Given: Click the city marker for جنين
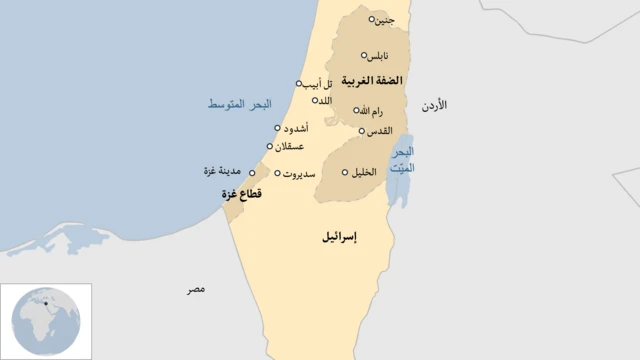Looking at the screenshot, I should click(x=372, y=19).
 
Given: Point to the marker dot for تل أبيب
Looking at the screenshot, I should click(x=298, y=83).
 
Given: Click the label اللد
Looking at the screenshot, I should click(x=324, y=100).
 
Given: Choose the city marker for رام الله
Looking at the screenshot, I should click(x=355, y=110).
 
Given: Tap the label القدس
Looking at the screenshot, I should click(x=379, y=130).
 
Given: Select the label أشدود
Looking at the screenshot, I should click(x=296, y=128).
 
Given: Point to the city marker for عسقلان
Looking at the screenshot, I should click(x=269, y=146).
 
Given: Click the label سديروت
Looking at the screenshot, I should click(x=299, y=173).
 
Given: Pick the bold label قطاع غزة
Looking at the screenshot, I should click(x=242, y=194).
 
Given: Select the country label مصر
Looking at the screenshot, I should click(x=196, y=289).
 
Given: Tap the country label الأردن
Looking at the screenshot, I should click(x=434, y=104).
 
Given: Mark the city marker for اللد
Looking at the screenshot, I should click(x=315, y=100).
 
